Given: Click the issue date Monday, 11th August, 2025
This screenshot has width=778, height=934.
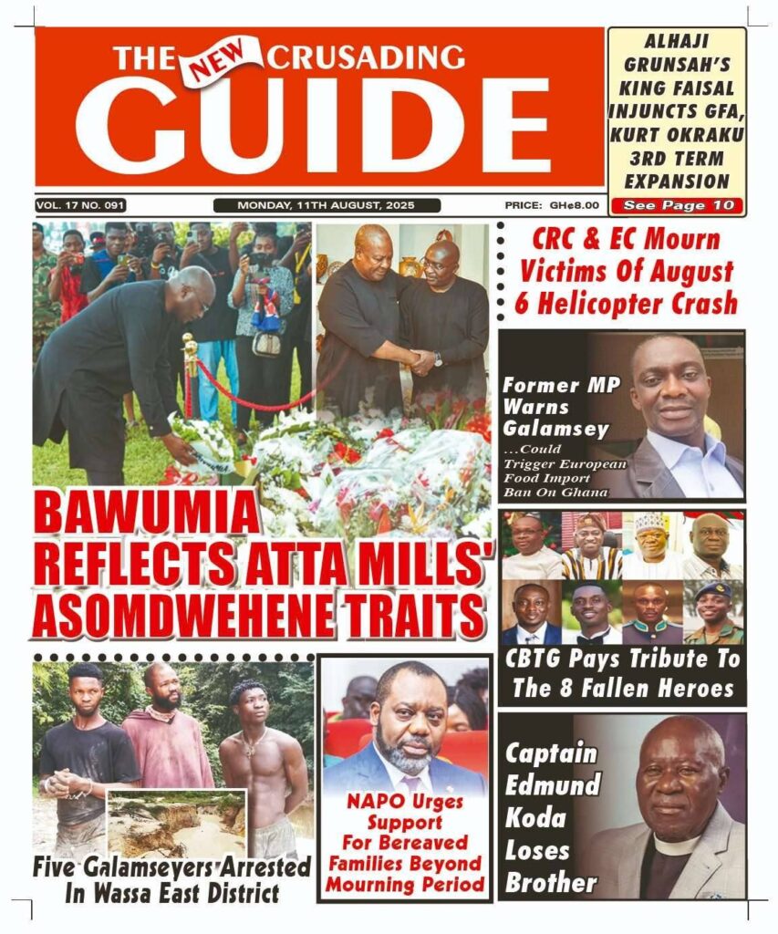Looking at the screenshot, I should pos(327,206).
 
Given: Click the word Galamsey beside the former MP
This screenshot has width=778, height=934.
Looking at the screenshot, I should pos(545,427).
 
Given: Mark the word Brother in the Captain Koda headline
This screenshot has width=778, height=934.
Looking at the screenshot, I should pos(551,882).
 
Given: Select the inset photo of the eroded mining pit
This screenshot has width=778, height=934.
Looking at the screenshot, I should pos(177,823).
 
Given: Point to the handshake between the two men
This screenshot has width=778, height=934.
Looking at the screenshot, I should pos(420,361).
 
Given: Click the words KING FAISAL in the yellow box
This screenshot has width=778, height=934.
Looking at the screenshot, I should pos(676,88).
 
